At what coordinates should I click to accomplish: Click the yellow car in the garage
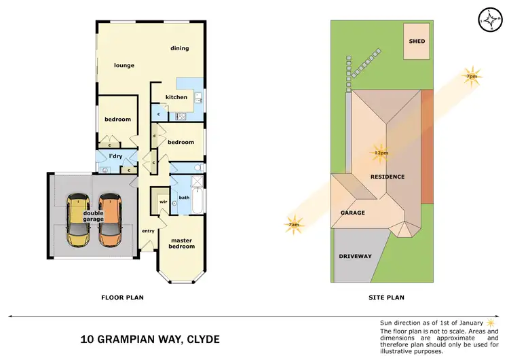point(78,221)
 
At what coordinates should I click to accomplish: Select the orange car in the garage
point(110,221)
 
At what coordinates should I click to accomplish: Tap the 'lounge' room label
point(124,66)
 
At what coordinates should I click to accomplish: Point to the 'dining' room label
point(179,48)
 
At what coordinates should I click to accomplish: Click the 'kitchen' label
point(176,97)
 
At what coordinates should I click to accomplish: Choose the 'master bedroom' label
point(182,243)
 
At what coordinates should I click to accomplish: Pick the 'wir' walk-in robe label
point(164,202)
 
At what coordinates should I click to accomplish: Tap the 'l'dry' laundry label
point(115,158)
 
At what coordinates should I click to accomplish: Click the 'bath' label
point(184,198)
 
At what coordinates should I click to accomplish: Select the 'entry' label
point(148,231)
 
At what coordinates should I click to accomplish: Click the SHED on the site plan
point(417,41)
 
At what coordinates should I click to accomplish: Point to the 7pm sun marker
point(471,75)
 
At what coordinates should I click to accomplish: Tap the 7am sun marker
point(294,225)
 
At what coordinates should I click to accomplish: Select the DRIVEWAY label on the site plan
point(355,256)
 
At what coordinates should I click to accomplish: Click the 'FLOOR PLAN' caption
point(122,297)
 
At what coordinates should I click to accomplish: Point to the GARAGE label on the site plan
point(353,213)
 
